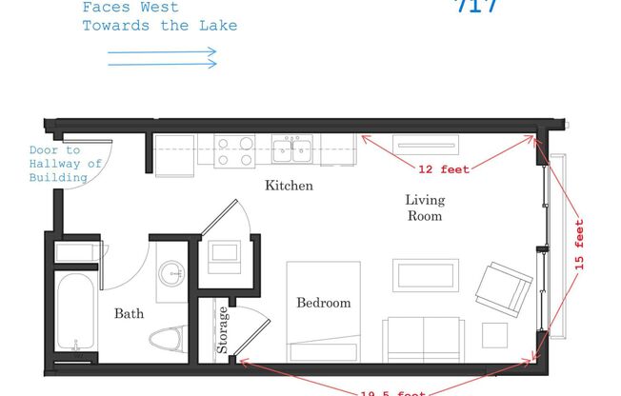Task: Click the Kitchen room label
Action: [x=289, y=186]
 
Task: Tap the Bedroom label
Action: [x=324, y=303]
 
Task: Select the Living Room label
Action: [x=424, y=208]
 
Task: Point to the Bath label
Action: [x=129, y=313]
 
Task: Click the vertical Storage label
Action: [x=223, y=329]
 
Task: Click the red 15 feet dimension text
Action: [x=578, y=246]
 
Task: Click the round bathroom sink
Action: [x=172, y=272]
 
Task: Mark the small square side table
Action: [x=495, y=335]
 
